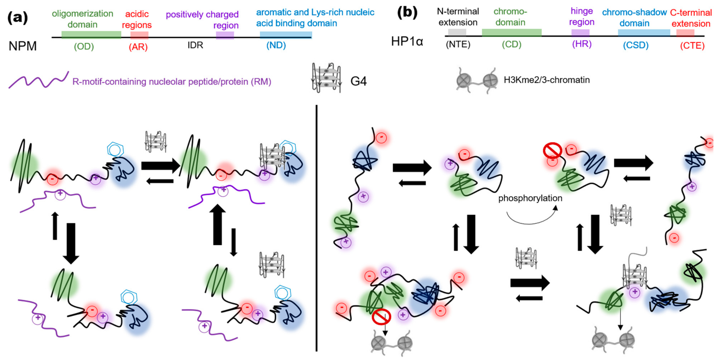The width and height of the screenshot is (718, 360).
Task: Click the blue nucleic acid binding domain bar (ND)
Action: point(286,35)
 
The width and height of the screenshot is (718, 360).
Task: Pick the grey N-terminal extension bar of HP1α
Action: point(457,32)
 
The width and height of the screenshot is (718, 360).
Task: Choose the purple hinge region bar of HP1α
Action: point(580,33)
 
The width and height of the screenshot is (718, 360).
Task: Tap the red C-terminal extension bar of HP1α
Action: point(685,33)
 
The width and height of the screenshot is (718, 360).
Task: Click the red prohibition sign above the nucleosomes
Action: point(381,317)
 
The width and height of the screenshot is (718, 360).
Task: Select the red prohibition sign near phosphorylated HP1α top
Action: point(552,151)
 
